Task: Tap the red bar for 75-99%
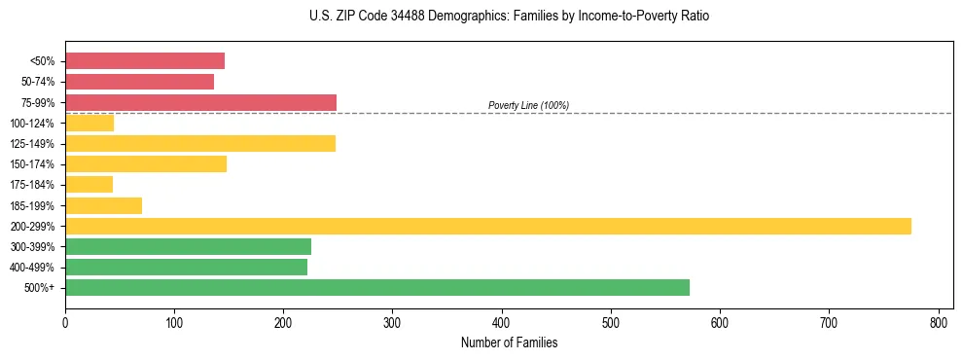coord(200,102)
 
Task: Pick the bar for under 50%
coord(145,60)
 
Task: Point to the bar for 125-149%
coord(200,143)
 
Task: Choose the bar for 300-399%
coord(188,246)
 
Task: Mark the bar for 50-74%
coord(139,82)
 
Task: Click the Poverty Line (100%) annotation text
coord(528,105)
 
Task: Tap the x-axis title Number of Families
coord(509,342)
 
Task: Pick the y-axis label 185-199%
coord(32,205)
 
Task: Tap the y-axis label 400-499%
coord(32,268)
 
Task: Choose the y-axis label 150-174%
coord(32,164)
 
